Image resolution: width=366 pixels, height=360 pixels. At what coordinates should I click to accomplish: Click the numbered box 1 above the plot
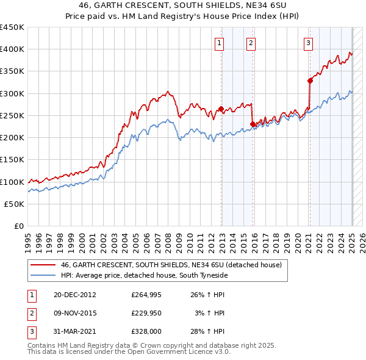(x=219, y=43)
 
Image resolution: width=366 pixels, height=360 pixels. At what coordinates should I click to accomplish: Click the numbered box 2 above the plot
(x=251, y=43)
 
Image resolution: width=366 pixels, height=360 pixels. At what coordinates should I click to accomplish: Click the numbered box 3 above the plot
(x=309, y=43)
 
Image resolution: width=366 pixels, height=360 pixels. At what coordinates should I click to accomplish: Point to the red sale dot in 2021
(x=310, y=80)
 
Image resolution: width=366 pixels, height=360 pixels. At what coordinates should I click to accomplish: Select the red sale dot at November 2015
(x=253, y=124)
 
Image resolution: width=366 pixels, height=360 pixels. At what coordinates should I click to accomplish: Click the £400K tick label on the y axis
(x=12, y=49)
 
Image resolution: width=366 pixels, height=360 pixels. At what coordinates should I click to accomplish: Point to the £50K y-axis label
(x=15, y=204)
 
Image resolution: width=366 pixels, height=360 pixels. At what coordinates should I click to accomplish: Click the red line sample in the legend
(x=43, y=265)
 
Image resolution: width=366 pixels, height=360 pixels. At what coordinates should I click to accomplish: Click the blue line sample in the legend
(x=43, y=276)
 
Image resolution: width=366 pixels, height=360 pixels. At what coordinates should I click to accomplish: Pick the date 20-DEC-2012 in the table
(x=75, y=295)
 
